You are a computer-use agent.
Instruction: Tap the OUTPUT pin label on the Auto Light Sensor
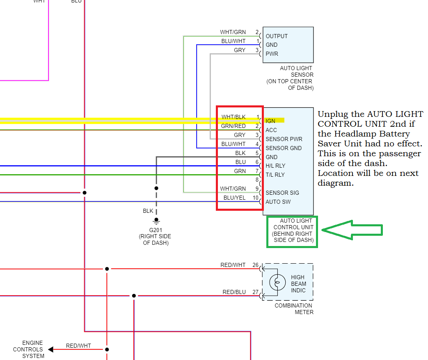tap(277, 36)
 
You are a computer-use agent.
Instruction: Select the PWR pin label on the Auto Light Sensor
tap(272, 54)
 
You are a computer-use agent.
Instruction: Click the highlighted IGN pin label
tap(270, 121)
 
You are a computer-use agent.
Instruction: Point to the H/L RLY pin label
tap(275, 166)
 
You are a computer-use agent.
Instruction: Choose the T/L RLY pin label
tap(275, 175)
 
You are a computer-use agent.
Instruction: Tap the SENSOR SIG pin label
tap(282, 193)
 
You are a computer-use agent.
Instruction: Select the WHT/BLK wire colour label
tap(233, 117)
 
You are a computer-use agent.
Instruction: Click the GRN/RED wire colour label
tap(233, 126)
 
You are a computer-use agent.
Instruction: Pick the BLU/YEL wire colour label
tap(235, 198)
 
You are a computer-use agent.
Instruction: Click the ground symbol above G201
tap(156, 221)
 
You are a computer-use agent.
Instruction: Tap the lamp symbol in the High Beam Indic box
tap(277, 283)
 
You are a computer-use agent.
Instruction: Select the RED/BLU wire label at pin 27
tap(234, 292)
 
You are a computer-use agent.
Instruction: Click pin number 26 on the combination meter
tap(256, 265)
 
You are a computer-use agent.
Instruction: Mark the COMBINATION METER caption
tap(293, 309)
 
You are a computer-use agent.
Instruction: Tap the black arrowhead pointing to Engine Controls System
tap(50, 349)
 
